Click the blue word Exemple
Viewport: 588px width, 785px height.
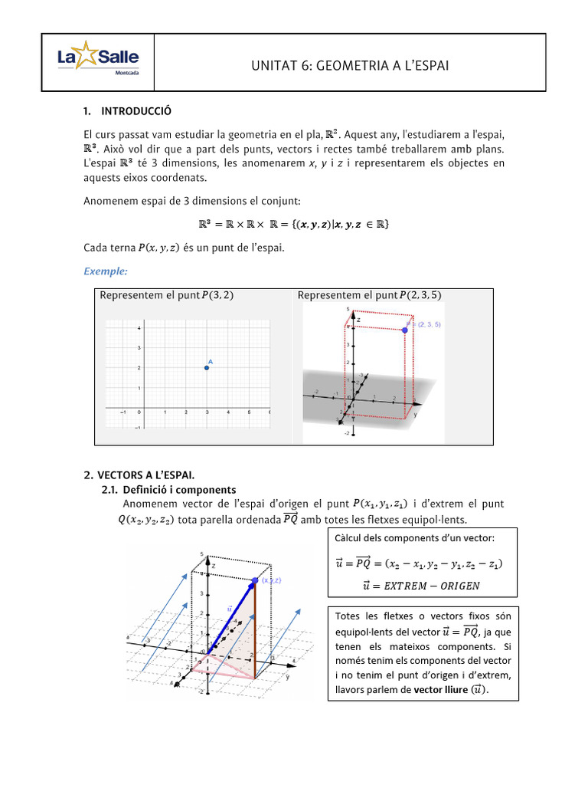106,271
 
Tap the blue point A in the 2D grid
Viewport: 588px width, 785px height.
207,368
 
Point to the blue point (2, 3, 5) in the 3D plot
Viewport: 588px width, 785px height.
405,330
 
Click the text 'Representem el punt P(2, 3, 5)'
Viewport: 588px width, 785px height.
369,295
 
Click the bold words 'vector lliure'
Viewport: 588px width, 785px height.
441,689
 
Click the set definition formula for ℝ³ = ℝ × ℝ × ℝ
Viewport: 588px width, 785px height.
293,225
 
